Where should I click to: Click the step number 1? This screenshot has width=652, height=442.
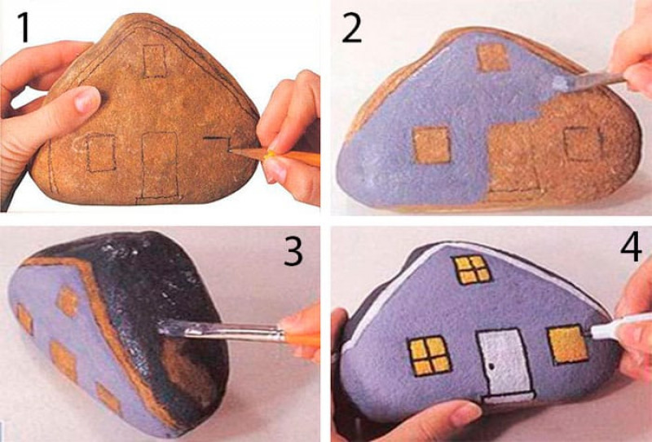tap(24, 28)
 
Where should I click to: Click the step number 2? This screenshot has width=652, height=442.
tap(352, 28)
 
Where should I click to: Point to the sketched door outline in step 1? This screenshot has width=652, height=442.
tap(160, 166)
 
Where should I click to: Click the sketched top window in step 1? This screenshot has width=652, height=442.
tap(155, 61)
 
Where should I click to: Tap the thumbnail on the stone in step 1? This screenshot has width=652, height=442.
tap(87, 99)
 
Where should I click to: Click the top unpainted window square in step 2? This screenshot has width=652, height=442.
tap(493, 57)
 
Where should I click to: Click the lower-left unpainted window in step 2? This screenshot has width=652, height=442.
tap(432, 144)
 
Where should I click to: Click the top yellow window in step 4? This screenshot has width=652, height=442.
tap(472, 269)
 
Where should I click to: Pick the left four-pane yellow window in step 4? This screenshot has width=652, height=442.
tap(430, 356)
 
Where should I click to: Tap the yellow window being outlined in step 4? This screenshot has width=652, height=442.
tap(567, 344)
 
